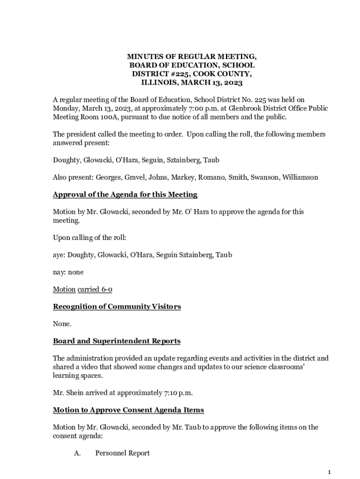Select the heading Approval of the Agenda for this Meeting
click(125, 194)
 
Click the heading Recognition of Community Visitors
click(116, 306)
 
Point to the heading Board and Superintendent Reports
click(116, 341)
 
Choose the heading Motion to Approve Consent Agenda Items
click(128, 410)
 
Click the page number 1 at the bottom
click(330, 472)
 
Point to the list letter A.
click(77, 453)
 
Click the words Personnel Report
click(122, 453)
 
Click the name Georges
click(109, 177)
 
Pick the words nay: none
click(68, 272)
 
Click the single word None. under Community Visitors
click(62, 324)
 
